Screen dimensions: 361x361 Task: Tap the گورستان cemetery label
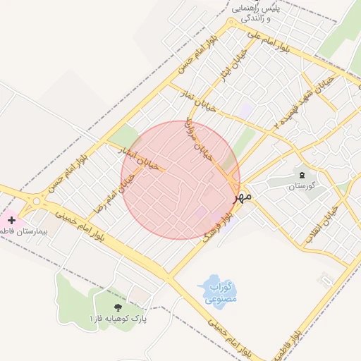coord(302,186)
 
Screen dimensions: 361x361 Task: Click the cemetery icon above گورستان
coord(302,174)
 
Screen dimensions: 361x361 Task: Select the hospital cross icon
coord(11,220)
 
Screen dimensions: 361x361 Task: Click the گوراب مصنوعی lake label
coord(221,293)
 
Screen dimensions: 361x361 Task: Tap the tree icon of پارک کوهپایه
coord(117,307)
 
